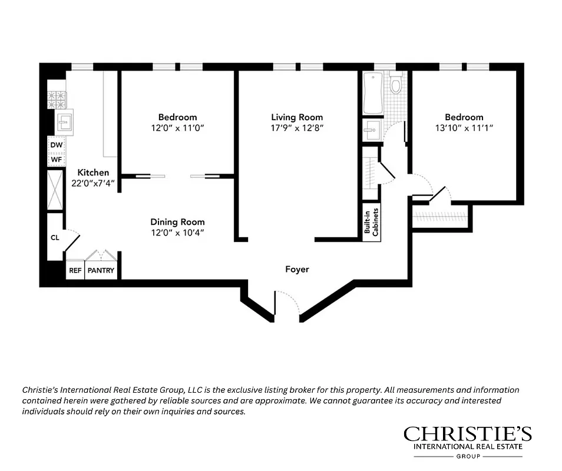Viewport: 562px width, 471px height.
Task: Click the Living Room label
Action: tap(297, 117)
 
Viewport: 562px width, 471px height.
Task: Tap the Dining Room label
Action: tap(177, 222)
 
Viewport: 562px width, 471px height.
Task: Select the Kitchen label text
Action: tap(93, 173)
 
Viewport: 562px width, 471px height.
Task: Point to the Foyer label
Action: tap(297, 270)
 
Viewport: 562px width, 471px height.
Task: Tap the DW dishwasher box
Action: tap(57, 145)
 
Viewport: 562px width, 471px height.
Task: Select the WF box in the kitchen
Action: tap(57, 159)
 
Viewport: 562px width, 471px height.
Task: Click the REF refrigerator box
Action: tap(75, 271)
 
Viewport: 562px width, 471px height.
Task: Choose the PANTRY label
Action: tap(103, 271)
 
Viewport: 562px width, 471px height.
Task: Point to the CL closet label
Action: tap(55, 238)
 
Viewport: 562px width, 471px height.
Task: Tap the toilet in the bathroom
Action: tap(396, 84)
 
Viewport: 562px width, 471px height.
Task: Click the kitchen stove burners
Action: tap(57, 99)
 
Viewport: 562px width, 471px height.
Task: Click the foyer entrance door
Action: tap(287, 303)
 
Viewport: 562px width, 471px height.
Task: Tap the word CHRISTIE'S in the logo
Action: tap(467, 434)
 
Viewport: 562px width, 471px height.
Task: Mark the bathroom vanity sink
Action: tap(372, 130)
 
